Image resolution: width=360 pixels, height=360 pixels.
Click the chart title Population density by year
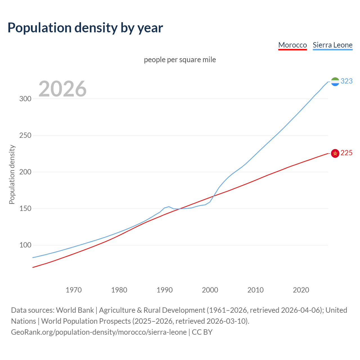[x=85, y=28]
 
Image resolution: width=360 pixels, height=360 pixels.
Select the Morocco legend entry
[x=292, y=45]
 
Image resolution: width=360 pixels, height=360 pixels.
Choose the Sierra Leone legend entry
[x=332, y=45]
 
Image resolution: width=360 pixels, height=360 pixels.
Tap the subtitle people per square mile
[x=180, y=60]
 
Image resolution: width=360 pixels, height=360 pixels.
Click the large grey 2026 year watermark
[x=62, y=89]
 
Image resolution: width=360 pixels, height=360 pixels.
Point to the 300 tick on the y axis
[x=25, y=99]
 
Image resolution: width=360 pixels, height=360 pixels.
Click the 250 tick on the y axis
[x=25, y=135]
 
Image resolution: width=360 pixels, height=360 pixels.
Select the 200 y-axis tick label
[x=25, y=172]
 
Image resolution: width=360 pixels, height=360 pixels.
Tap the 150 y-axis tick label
[x=25, y=208]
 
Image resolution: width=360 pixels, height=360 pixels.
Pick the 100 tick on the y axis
[x=25, y=245]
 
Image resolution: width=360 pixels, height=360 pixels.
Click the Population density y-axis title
[x=12, y=174]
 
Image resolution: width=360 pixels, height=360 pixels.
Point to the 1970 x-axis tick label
[x=74, y=290]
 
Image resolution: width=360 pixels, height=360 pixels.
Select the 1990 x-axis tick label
[x=165, y=290]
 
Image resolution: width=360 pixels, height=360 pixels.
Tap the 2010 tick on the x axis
[x=255, y=290]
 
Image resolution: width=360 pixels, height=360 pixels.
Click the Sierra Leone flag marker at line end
[x=335, y=82]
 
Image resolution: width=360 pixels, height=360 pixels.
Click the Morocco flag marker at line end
[x=335, y=153]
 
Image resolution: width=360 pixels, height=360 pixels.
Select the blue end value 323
[x=346, y=81]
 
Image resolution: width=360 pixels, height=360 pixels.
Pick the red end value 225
[x=346, y=153]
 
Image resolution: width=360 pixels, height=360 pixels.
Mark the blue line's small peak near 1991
[x=169, y=207]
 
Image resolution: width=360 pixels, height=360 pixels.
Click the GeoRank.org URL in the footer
[x=99, y=332]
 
